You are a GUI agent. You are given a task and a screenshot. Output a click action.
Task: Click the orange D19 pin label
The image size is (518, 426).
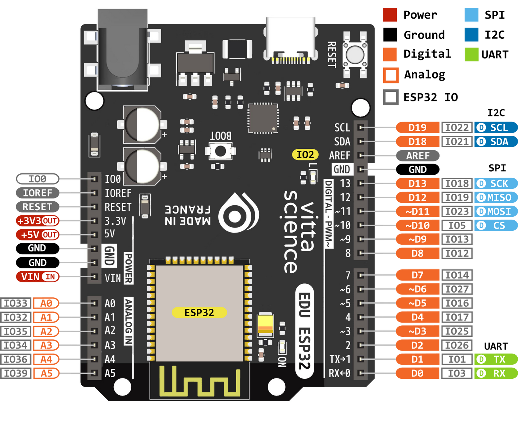[x=418, y=128]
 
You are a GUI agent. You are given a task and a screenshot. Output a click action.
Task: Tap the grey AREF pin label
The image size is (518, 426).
[x=418, y=155]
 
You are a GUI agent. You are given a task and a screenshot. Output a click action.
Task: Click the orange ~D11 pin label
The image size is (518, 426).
[x=418, y=211]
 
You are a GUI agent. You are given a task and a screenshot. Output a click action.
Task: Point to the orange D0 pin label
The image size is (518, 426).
[x=418, y=373]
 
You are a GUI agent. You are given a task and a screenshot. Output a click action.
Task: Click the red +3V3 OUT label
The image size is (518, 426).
[x=37, y=221]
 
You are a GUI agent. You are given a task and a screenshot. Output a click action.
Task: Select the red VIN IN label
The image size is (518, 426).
[x=38, y=277]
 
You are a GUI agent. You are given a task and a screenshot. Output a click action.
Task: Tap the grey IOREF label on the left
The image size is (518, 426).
[x=37, y=193]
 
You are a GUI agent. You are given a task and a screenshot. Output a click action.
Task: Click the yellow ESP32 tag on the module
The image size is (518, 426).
[x=199, y=312]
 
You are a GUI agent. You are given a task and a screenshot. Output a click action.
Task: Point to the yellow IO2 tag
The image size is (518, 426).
[x=305, y=154]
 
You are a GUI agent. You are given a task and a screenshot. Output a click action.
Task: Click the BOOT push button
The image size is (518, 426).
[x=220, y=151]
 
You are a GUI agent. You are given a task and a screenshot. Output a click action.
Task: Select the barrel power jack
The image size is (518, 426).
[x=123, y=50]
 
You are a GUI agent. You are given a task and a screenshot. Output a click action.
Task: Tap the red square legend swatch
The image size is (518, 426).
[x=390, y=15]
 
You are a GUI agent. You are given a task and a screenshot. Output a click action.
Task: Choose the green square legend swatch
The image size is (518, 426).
[x=471, y=54]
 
